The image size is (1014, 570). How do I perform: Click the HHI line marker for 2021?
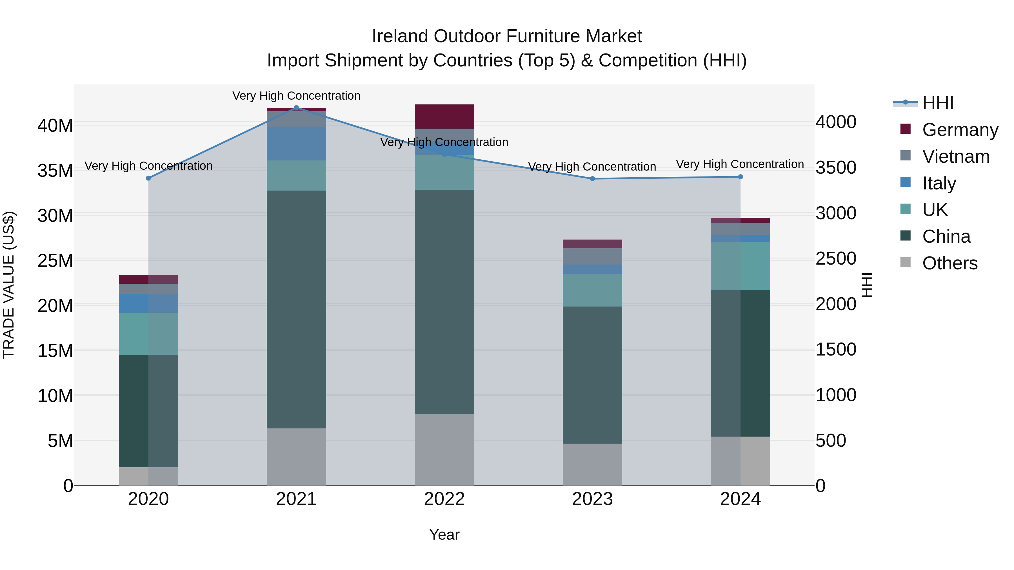point(296,108)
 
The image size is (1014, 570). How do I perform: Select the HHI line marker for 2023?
point(592,178)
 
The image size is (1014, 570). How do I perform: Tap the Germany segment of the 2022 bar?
point(444,117)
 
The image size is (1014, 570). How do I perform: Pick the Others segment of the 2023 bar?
point(592,464)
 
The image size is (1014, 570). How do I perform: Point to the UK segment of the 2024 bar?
point(741,266)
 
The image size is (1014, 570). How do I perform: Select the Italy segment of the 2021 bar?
point(296,144)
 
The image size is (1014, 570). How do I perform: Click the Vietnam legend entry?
point(955,157)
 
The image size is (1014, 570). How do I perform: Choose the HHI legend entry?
point(938,103)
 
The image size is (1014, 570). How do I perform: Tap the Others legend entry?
point(949,263)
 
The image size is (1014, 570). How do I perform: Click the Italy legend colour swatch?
point(905,182)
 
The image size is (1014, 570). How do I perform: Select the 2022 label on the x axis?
point(444,499)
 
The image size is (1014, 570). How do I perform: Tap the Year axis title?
point(444,535)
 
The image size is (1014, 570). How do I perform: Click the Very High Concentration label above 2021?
point(296,96)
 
